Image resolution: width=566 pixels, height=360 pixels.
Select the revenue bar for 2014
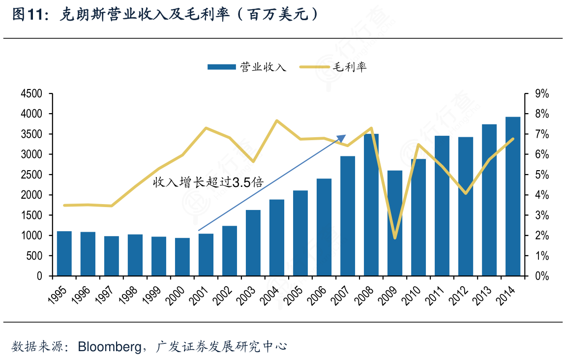click(513, 197)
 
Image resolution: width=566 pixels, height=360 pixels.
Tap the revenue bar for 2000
click(182, 257)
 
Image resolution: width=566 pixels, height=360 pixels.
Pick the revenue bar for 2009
click(395, 223)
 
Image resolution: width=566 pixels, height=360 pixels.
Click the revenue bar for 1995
click(64, 253)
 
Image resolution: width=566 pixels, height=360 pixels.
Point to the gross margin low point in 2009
click(395, 238)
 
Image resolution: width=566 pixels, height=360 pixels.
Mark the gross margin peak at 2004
click(277, 120)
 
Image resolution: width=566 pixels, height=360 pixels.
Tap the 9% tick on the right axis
click(542, 93)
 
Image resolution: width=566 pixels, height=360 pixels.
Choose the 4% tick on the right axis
click(542, 195)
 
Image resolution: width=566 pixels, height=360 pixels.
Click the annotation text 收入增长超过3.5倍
click(208, 182)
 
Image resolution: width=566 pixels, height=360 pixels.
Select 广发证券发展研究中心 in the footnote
click(221, 347)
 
